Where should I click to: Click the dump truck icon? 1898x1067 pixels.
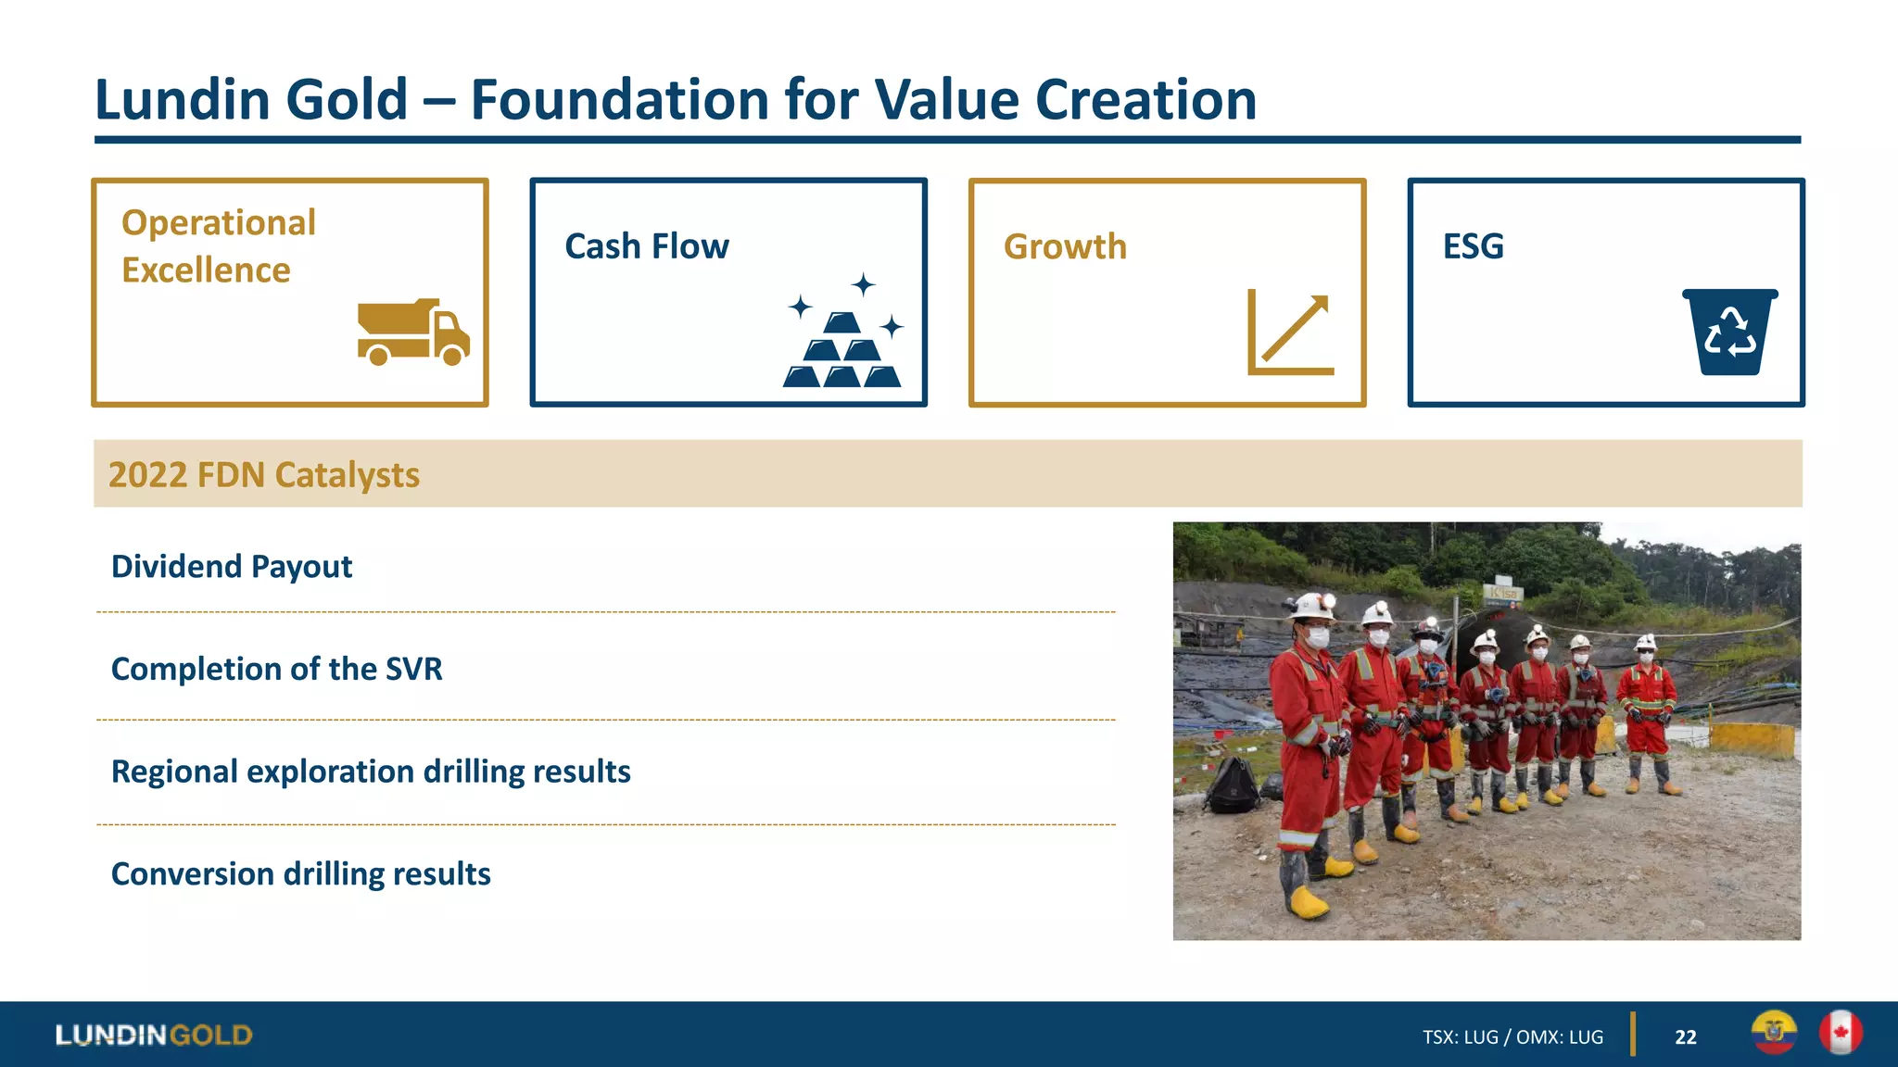413,333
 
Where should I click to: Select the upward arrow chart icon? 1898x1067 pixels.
1290,333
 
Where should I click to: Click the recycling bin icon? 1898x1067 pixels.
1729,332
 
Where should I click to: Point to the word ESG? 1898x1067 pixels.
1473,246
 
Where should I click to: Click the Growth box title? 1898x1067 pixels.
1065,246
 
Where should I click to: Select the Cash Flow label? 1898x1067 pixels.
647,246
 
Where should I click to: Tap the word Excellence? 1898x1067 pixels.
206,270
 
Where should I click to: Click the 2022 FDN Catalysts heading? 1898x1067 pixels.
264,474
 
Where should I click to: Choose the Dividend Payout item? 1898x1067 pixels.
232,566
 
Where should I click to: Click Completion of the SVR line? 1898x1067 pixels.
276,669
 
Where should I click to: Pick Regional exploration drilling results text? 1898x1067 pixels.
371,772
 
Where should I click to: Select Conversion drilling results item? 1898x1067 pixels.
300,873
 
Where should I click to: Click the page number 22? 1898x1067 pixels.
1685,1037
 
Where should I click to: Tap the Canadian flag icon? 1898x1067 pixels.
1840,1033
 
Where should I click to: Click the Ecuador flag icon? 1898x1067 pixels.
1774,1033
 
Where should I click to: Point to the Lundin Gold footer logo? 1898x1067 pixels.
154,1035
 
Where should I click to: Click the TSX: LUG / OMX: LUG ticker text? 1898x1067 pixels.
1512,1037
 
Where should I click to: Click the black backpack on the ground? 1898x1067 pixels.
1232,785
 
